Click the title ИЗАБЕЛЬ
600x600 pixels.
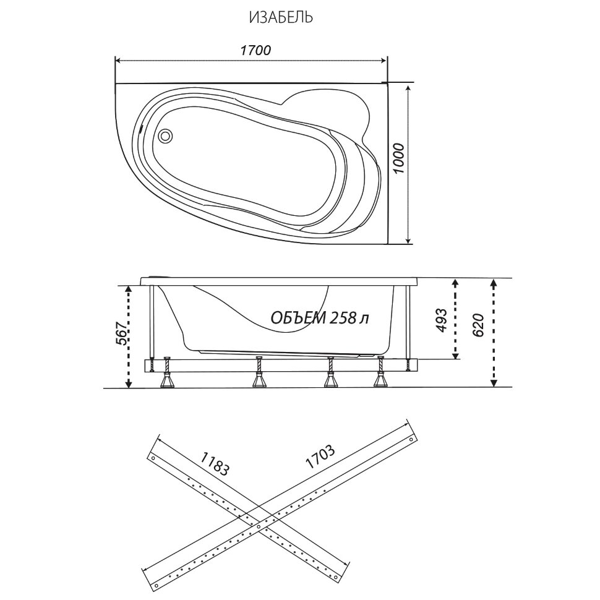click(281, 17)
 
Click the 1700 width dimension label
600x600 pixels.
click(255, 50)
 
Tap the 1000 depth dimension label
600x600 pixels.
click(398, 158)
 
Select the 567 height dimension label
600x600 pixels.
click(122, 333)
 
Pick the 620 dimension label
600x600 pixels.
click(478, 325)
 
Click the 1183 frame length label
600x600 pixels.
click(215, 464)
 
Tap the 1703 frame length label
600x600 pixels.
click(320, 456)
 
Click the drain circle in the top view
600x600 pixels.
click(166, 135)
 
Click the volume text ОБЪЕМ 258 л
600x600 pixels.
click(320, 317)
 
